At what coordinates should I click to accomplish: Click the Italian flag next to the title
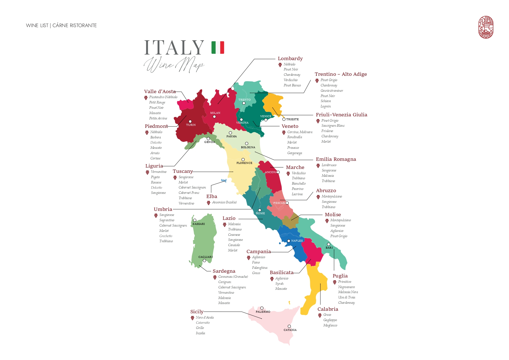click(218, 47)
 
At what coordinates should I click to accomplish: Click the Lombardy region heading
click(290, 58)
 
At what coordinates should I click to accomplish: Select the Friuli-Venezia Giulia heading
click(341, 115)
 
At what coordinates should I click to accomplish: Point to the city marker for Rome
click(260, 210)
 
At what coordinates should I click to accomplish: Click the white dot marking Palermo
click(262, 308)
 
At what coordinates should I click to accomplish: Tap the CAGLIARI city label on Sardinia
click(205, 257)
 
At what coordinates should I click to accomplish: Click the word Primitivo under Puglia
click(344, 282)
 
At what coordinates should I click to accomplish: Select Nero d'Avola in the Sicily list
click(205, 317)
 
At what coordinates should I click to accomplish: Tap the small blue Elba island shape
click(223, 181)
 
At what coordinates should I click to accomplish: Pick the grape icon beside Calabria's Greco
click(320, 315)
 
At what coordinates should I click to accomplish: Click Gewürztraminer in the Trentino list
click(332, 91)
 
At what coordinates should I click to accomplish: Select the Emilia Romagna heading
click(336, 159)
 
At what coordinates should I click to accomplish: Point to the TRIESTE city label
click(292, 119)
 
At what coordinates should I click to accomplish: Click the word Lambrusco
click(329, 165)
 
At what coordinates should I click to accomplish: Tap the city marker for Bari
click(329, 244)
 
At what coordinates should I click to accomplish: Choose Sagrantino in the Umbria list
click(167, 220)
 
